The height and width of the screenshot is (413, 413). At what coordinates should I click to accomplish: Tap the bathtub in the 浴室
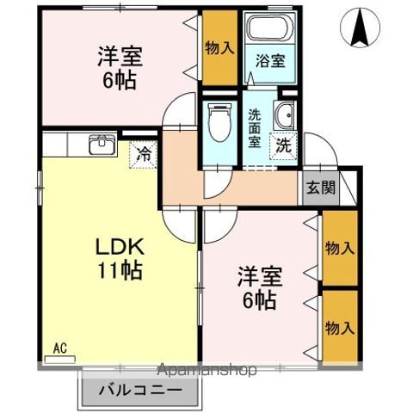(268, 30)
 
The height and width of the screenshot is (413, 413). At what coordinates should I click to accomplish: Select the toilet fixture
(219, 120)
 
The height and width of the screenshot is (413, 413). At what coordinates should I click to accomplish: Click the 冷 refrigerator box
(144, 155)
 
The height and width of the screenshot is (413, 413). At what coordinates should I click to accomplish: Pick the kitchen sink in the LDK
(102, 144)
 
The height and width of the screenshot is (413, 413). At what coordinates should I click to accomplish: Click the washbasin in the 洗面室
(285, 115)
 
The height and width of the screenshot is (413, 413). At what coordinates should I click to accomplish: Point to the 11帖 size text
(120, 268)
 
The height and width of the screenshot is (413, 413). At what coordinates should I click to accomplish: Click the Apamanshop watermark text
(208, 371)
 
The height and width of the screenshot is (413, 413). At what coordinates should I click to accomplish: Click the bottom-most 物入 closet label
(339, 328)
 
